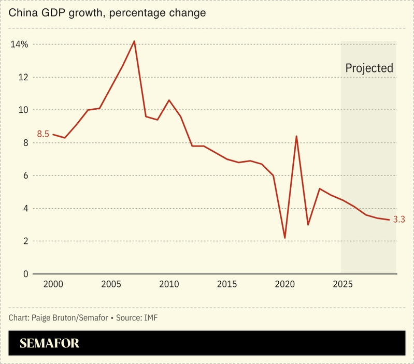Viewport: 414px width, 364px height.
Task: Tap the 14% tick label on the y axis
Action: point(19,44)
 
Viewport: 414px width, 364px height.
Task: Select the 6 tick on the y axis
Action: point(25,176)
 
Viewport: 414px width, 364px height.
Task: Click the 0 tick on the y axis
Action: point(25,274)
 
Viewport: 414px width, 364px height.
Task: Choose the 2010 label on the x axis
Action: point(169,284)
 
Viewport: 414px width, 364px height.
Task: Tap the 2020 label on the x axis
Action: point(285,284)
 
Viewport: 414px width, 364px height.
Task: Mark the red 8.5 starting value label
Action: point(42,134)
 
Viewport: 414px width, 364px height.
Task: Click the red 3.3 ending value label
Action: point(398,220)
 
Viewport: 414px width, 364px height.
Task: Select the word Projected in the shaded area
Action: point(369,68)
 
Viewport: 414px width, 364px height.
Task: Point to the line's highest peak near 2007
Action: point(134,41)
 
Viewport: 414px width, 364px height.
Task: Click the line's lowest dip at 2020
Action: point(285,238)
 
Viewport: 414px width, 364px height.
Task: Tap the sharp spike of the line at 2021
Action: point(296,136)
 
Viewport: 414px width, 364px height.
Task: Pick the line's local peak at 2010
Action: point(169,100)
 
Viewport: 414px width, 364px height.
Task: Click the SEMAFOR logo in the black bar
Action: point(49,343)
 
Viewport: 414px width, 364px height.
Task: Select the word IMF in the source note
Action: point(150,317)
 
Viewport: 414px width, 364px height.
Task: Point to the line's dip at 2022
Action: point(308,225)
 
